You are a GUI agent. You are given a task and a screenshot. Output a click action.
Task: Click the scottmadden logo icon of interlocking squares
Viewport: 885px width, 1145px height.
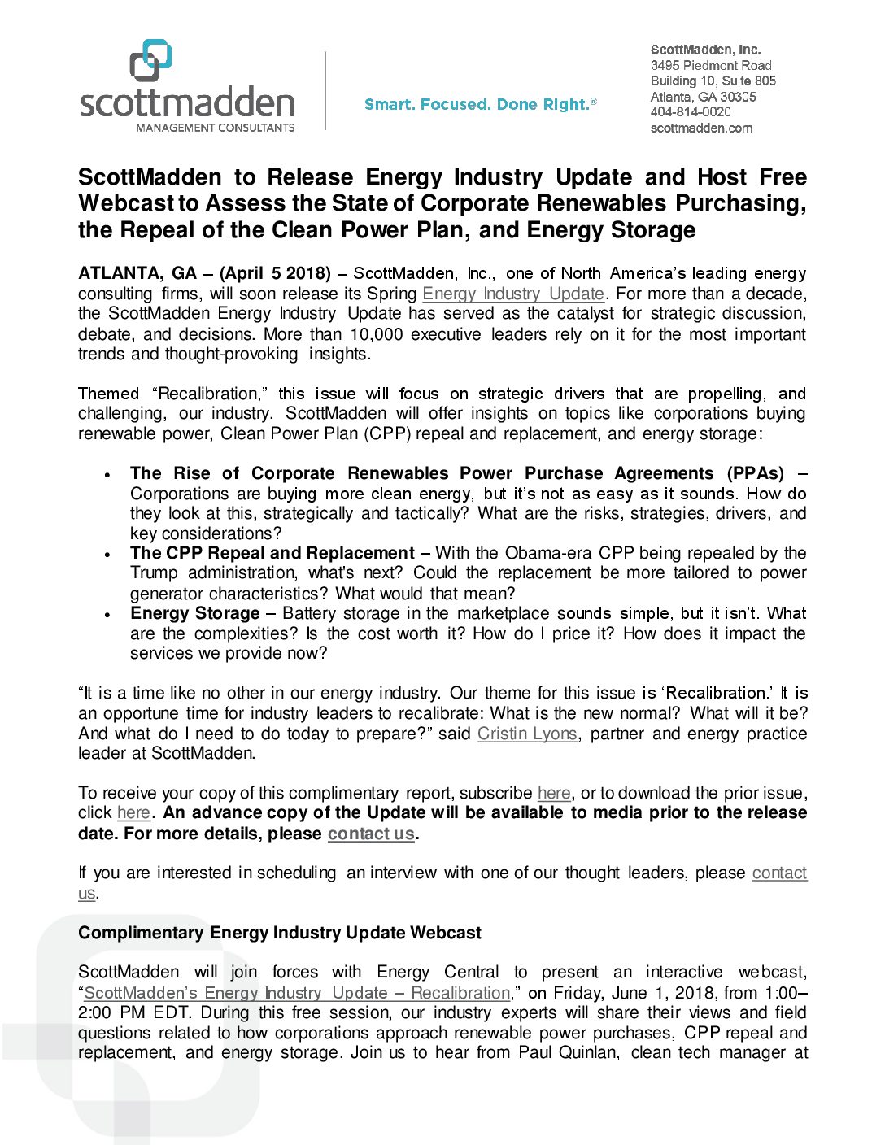click(x=151, y=60)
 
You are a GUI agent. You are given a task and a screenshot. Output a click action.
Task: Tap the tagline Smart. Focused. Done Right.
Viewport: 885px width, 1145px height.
click(x=480, y=104)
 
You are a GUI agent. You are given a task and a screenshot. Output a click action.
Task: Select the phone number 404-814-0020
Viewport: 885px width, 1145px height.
click(x=690, y=112)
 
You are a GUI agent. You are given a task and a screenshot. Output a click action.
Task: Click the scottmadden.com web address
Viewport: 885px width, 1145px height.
click(x=701, y=128)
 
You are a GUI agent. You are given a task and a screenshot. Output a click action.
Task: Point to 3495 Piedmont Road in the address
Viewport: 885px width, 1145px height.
click(x=710, y=65)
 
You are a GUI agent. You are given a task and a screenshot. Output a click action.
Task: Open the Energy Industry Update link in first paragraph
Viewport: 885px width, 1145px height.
click(x=512, y=294)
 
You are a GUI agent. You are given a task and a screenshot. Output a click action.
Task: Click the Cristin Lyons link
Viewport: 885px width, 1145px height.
click(x=527, y=734)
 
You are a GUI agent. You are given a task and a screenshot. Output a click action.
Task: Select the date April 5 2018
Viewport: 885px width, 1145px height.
click(x=277, y=273)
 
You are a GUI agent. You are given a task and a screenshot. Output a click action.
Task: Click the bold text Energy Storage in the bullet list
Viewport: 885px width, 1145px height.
click(x=194, y=613)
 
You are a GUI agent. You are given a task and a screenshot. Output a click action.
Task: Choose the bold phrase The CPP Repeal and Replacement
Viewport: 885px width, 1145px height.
click(x=272, y=553)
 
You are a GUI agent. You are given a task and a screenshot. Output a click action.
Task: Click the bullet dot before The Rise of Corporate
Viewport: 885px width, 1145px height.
click(x=107, y=475)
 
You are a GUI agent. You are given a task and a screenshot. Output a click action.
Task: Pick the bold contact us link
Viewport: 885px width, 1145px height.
click(x=371, y=834)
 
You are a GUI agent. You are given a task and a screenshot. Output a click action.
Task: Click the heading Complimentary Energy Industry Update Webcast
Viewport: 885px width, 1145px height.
click(x=279, y=933)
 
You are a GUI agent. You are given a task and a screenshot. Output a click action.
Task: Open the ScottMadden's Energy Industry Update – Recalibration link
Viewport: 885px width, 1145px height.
click(x=297, y=993)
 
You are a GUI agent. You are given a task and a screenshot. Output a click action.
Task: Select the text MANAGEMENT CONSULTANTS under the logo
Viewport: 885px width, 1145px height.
click(x=215, y=128)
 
